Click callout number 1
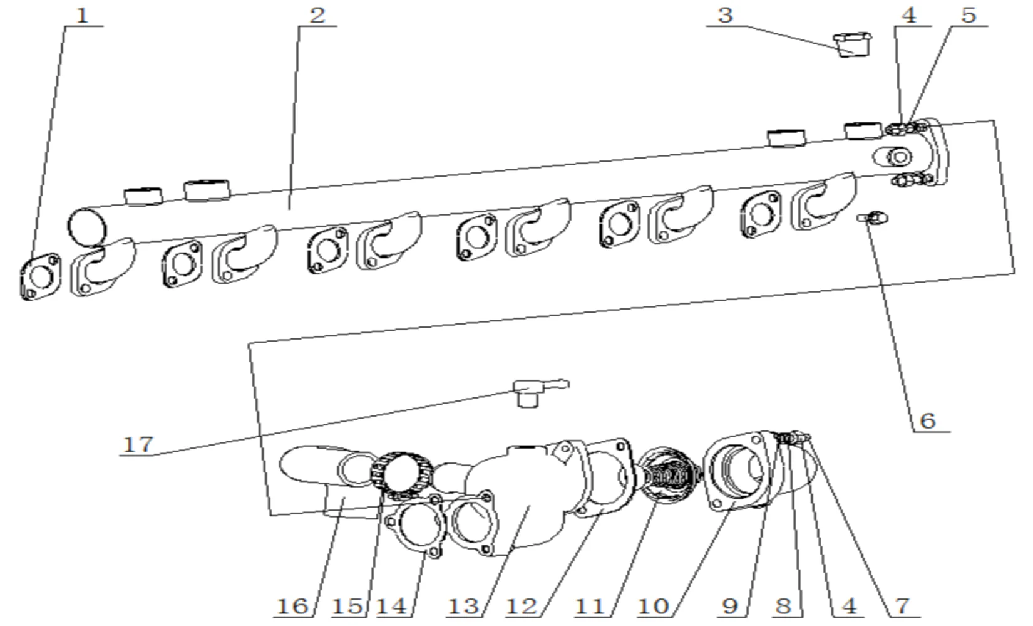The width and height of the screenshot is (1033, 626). tap(82, 16)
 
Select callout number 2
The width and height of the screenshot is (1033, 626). tap(317, 16)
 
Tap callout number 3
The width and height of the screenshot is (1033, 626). tap(725, 16)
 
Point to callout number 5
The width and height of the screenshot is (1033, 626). tap(969, 16)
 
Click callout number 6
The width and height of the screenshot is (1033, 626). tap(927, 420)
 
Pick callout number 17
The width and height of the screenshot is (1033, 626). tap(138, 444)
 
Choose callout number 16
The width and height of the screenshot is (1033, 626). tap(292, 606)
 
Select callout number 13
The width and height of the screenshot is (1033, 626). tap(463, 606)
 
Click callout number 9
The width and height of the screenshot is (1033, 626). tap(730, 606)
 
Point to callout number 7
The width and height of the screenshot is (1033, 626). tap(902, 606)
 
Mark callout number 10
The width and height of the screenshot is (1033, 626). tap(653, 606)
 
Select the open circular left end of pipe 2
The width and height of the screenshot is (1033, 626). tap(86, 226)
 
